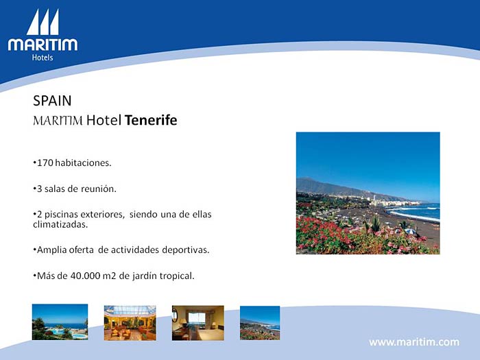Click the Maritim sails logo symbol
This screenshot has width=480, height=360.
click(43, 22)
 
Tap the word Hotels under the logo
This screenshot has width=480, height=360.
click(43, 58)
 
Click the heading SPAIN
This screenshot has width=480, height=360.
click(52, 101)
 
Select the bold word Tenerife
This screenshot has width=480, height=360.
click(151, 120)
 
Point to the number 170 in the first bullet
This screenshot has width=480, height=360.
click(45, 163)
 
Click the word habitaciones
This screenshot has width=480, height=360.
click(83, 163)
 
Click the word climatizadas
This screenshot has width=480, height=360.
click(60, 224)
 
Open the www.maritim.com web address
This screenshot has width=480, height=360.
click(414, 342)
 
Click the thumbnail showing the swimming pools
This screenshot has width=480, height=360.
click(60, 322)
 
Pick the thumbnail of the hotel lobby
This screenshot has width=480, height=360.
click(130, 323)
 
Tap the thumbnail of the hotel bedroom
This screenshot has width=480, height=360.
click(198, 323)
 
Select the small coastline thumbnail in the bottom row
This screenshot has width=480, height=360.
click(260, 323)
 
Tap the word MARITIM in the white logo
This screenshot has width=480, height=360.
click(43, 45)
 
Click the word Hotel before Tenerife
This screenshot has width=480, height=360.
click(104, 120)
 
